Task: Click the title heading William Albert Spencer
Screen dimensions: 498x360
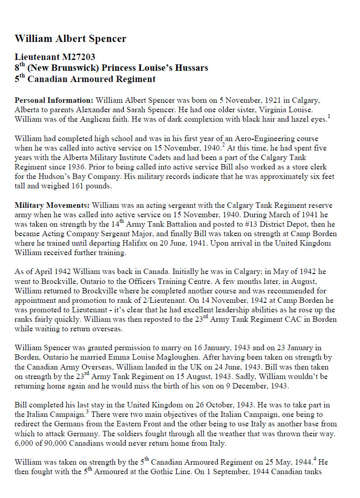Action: point(70,38)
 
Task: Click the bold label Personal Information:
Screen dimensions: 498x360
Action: point(54,100)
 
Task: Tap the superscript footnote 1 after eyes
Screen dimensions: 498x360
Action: point(329,117)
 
